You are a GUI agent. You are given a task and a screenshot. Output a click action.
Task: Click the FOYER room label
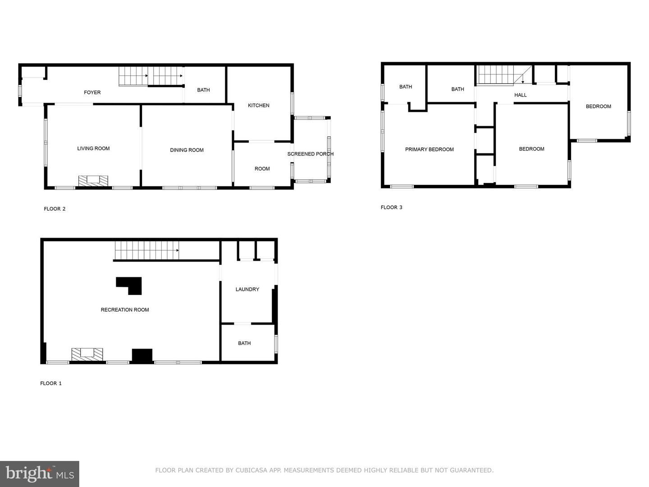[92, 92]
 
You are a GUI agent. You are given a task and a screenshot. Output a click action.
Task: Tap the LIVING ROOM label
[93, 148]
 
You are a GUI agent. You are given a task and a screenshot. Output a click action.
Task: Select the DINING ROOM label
[187, 150]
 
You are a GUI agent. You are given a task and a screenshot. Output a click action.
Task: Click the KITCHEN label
[259, 106]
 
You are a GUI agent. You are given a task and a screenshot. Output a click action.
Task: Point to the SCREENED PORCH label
[311, 154]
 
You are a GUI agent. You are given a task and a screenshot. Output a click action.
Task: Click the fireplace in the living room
[93, 180]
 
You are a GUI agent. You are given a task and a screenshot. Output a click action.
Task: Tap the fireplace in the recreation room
[87, 354]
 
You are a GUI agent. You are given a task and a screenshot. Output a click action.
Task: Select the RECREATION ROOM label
[125, 310]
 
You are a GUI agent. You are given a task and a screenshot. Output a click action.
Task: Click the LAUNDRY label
[247, 289]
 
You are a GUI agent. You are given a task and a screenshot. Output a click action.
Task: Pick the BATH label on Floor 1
[244, 343]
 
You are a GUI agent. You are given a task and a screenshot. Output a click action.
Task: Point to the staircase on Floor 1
[146, 250]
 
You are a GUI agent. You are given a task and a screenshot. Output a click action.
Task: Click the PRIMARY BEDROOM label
[429, 149]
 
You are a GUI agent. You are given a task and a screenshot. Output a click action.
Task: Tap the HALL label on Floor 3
[520, 95]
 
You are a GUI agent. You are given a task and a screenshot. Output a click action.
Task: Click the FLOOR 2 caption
[55, 209]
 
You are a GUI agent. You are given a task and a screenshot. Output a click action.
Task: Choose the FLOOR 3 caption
[391, 207]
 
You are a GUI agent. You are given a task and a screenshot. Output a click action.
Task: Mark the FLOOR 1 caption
[51, 383]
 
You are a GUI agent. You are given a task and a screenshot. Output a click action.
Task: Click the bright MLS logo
[40, 473]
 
